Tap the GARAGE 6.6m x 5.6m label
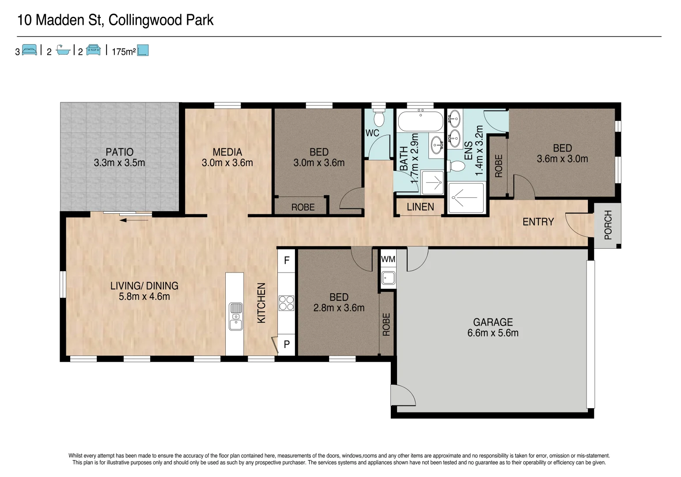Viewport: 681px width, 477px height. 493,328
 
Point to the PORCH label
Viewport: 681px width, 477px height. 608,225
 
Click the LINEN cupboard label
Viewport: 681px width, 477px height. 420,207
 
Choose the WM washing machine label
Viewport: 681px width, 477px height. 388,259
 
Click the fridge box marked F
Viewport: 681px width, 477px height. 286,261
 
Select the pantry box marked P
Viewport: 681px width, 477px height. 286,344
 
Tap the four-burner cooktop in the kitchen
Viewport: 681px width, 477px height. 286,303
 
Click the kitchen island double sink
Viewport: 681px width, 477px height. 235,316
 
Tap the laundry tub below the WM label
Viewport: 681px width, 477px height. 388,278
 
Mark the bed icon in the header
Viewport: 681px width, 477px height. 29,50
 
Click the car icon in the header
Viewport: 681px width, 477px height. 93,50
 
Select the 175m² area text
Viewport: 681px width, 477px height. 123,52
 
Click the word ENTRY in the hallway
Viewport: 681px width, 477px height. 538,222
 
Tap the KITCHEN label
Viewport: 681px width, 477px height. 261,303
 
